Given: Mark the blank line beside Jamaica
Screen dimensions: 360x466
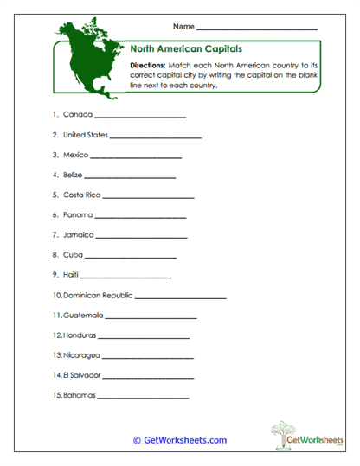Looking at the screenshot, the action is (x=141, y=237).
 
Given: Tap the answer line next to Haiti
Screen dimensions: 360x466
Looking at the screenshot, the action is (x=126, y=278).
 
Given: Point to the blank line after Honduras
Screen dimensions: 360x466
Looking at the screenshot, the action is (x=145, y=337).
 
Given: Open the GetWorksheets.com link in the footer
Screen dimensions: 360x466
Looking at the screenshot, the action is (x=179, y=440).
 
